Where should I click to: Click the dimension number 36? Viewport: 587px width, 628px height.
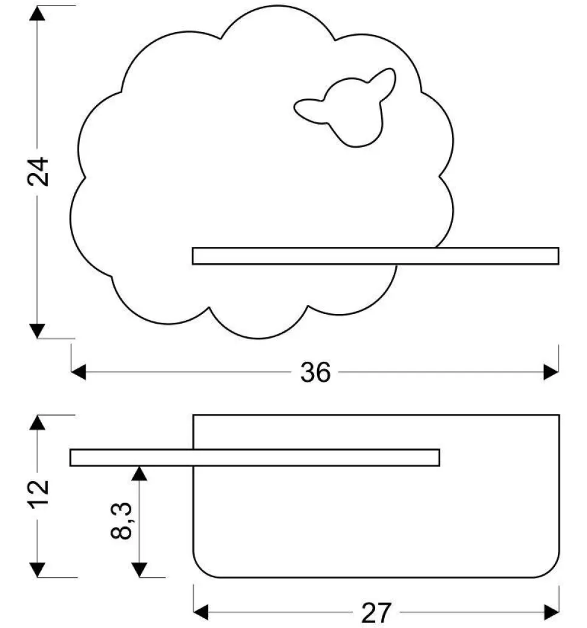[x=316, y=373]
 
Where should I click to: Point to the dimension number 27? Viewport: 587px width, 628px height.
[x=376, y=613]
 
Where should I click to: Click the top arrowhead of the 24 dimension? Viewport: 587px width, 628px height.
[x=38, y=13]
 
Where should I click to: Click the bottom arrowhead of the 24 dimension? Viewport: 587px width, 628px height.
[x=38, y=330]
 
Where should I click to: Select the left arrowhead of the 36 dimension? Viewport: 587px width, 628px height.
[x=79, y=372]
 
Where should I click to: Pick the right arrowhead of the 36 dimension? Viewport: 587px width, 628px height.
[x=551, y=372]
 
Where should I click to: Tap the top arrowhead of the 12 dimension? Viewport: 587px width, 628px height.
[x=38, y=422]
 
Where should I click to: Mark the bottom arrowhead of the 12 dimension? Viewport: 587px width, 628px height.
[x=38, y=569]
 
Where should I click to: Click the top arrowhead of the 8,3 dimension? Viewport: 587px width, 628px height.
[x=140, y=474]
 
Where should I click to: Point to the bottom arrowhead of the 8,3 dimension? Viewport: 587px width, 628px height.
[x=140, y=569]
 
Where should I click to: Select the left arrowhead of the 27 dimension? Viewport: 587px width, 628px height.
[x=201, y=612]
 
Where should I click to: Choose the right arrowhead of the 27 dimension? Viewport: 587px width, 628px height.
[x=551, y=612]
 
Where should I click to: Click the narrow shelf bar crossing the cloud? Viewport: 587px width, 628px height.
[x=375, y=256]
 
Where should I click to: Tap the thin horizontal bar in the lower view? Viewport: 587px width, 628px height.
[x=254, y=458]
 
